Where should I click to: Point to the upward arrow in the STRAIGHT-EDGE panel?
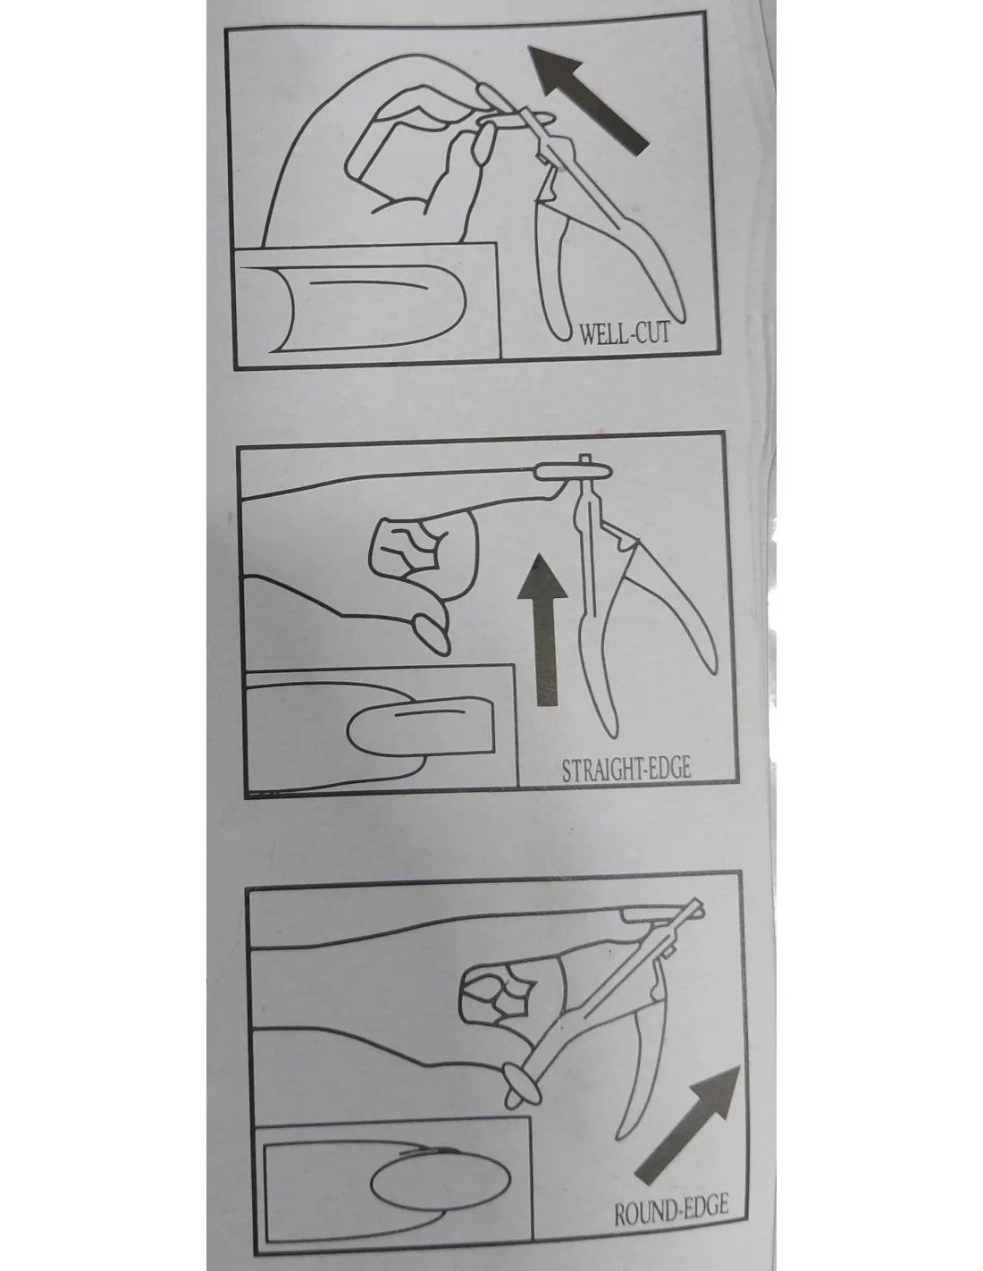pos(542,630)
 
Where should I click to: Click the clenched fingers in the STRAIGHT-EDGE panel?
pos(422,547)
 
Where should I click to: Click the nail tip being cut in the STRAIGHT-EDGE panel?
pos(573,472)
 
